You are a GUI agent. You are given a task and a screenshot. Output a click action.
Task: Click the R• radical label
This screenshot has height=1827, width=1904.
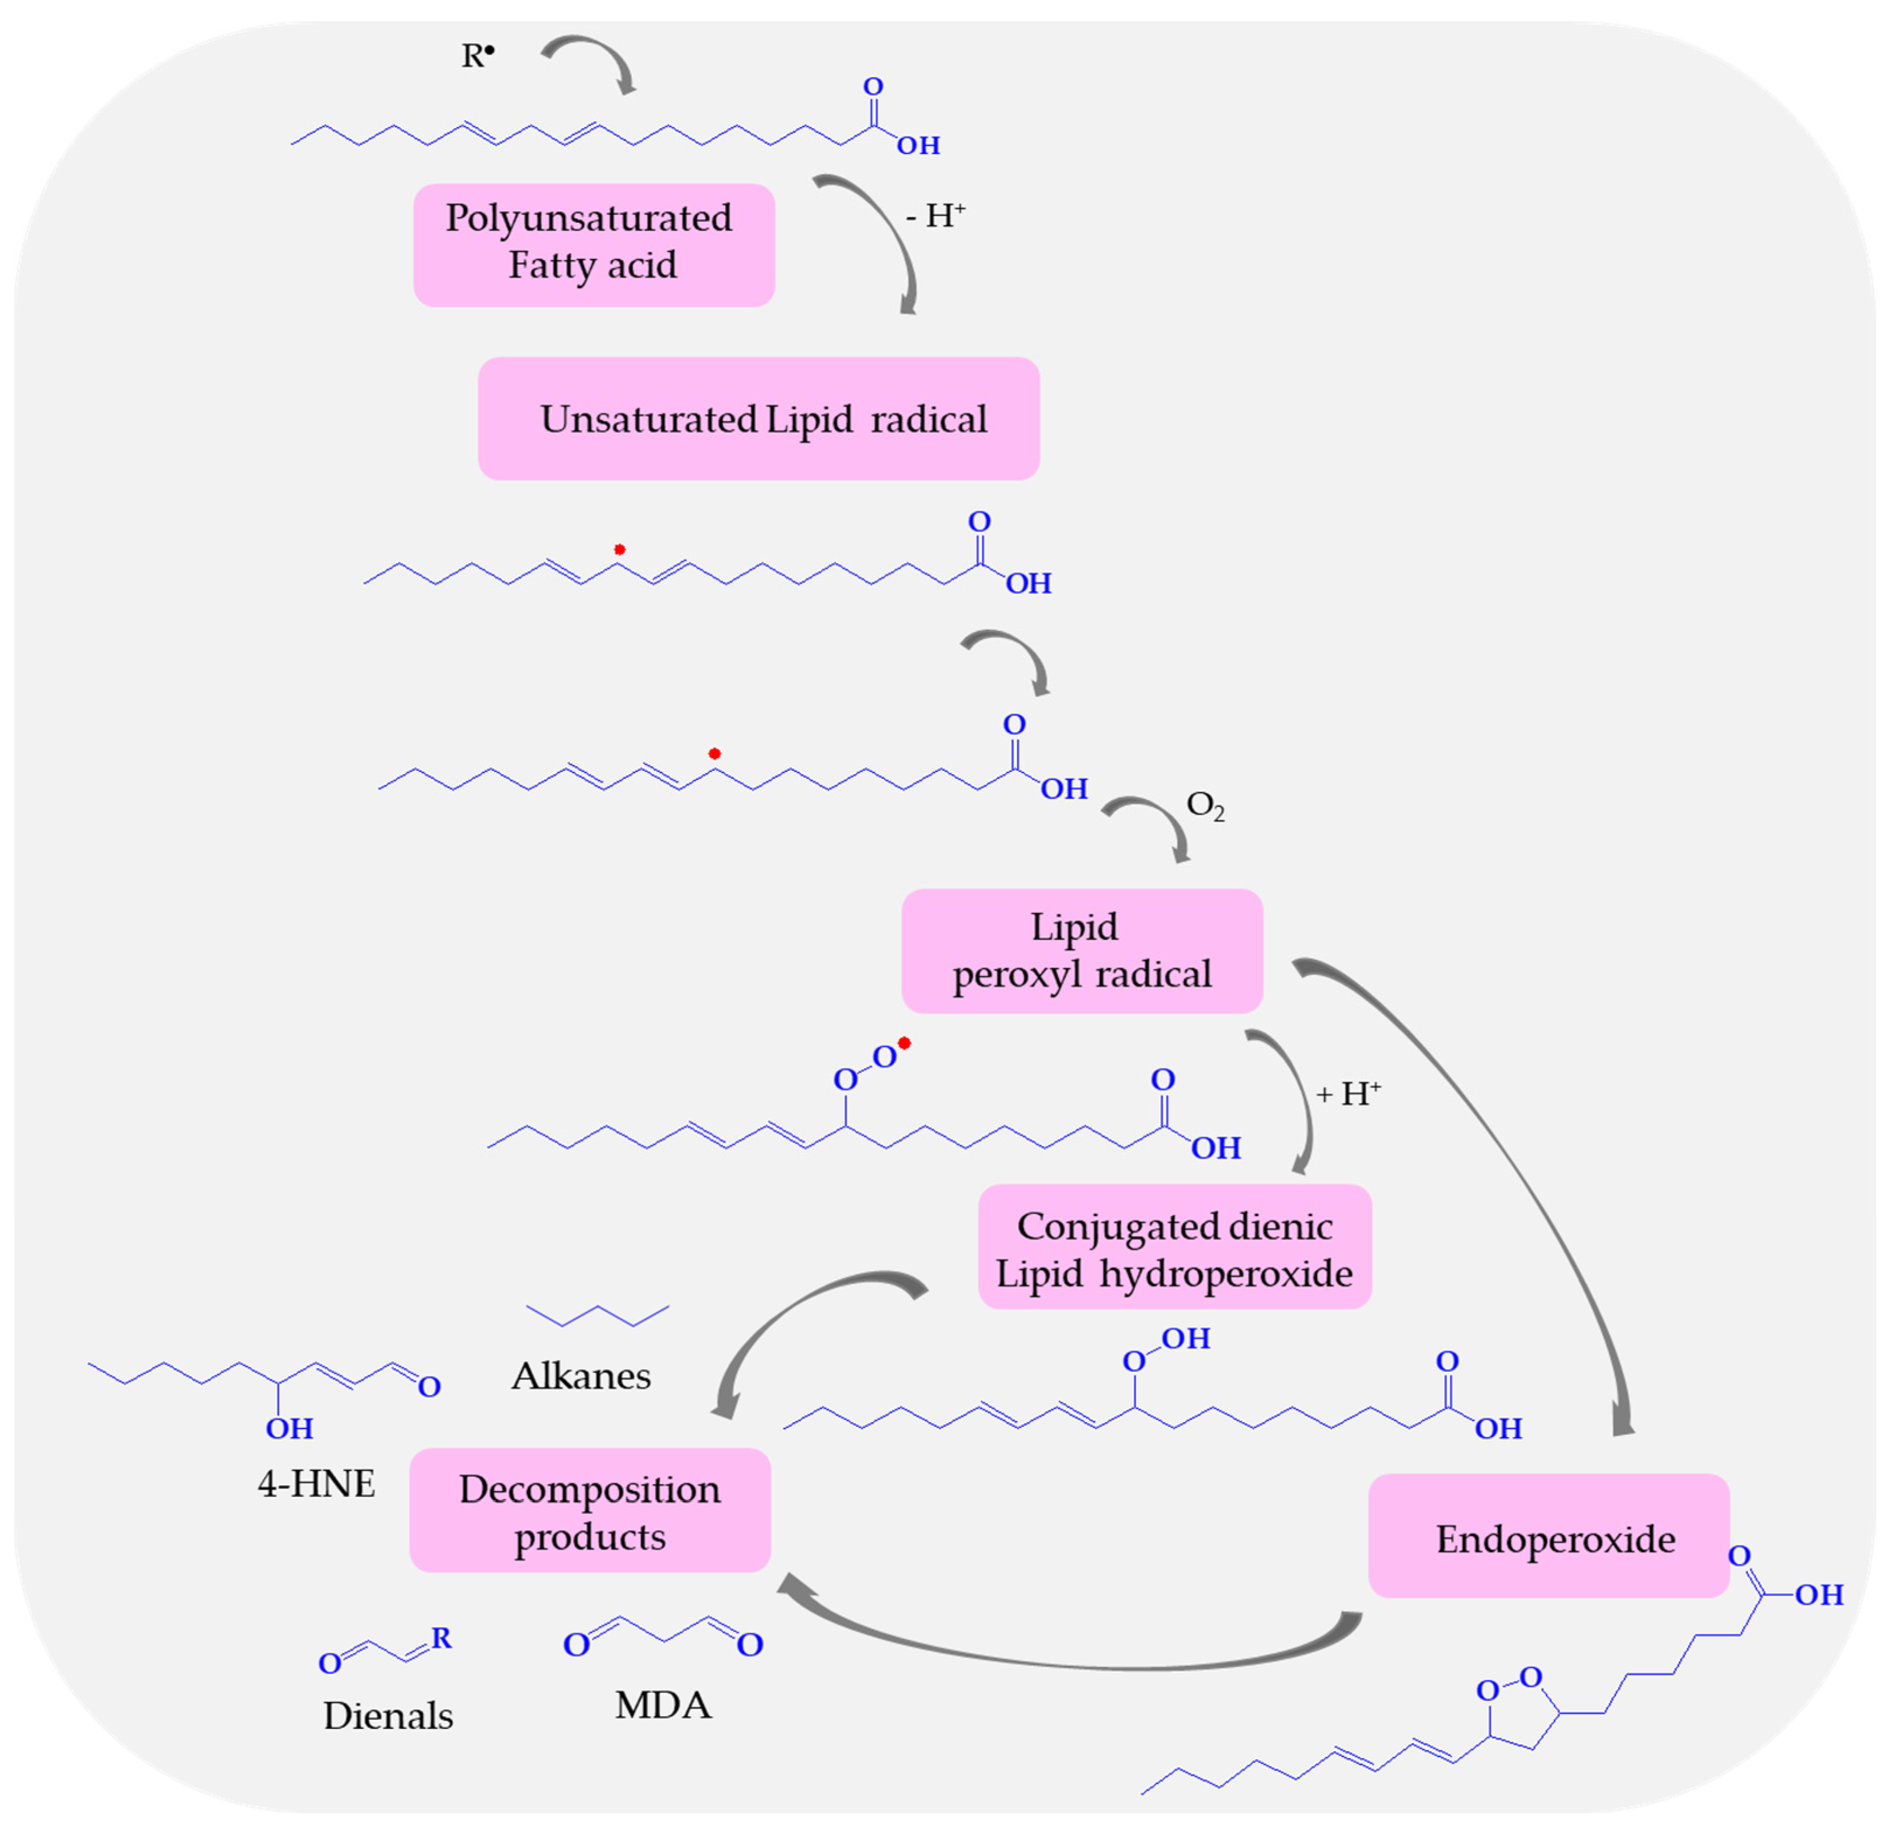(x=477, y=55)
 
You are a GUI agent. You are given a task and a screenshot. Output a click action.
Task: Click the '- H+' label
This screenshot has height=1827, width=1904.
(x=934, y=216)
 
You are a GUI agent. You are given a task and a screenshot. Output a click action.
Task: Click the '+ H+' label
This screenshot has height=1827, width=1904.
(x=1348, y=1095)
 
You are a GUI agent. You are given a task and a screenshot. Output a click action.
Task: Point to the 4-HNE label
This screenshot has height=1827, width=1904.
(x=316, y=1484)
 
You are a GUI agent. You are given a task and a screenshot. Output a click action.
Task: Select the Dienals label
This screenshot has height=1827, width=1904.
(x=388, y=1716)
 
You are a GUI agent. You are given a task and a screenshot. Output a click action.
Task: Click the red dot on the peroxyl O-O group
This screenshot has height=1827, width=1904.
(x=904, y=1043)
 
